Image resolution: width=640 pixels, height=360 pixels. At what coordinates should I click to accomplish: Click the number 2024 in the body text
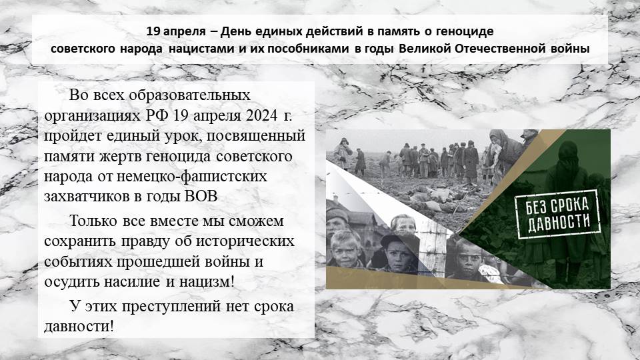[x=261, y=115]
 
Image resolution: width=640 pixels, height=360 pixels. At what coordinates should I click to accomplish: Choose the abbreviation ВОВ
[x=201, y=196]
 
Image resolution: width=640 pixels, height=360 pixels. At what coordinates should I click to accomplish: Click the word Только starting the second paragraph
[x=93, y=221]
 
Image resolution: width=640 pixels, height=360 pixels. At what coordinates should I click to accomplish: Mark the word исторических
[x=245, y=241]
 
